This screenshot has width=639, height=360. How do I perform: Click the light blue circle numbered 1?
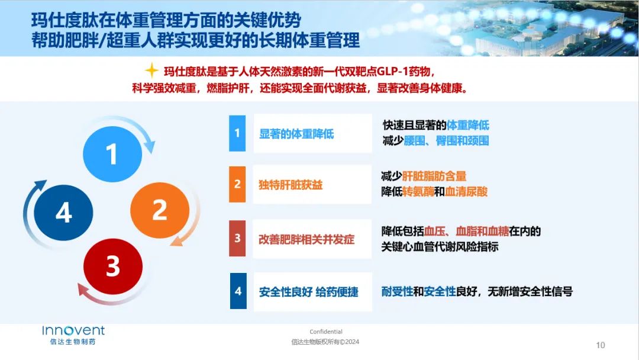tap(112, 154)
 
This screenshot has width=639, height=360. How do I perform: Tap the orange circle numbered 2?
tap(160, 210)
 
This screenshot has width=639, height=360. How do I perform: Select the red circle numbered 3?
tap(113, 266)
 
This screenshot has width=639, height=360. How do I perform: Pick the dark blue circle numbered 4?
tap(63, 213)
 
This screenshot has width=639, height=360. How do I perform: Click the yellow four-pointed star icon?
tap(151, 70)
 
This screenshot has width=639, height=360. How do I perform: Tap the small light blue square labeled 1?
tap(237, 133)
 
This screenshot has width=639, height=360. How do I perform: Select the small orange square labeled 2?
tap(237, 184)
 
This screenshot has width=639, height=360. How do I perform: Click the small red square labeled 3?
tap(237, 238)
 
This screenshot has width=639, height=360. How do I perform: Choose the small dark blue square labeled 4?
tap(238, 291)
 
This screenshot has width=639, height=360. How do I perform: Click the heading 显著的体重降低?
tap(296, 134)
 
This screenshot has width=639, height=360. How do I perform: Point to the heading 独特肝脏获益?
tap(291, 185)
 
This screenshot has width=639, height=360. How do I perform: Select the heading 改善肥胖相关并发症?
tap(306, 239)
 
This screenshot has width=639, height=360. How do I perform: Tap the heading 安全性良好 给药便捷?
tap(308, 291)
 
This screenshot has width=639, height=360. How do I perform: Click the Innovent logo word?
tap(73, 330)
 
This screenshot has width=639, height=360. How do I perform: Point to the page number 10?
tap(601, 345)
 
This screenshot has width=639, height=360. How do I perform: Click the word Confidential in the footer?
tap(326, 332)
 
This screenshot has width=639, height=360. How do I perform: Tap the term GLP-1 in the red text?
tap(392, 71)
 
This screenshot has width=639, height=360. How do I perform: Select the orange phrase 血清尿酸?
tap(466, 191)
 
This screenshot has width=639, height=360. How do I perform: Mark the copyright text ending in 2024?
tap(325, 342)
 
